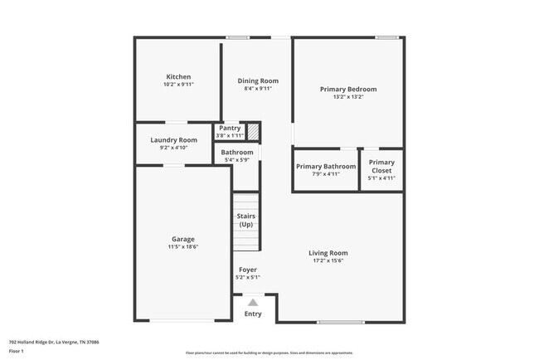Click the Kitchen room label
178,77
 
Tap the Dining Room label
258,80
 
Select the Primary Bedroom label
348,89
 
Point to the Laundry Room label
173,140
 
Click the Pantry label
230,128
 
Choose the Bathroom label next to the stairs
237,153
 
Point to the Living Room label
328,253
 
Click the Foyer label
247,270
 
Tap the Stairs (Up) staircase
246,221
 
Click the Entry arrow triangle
252,303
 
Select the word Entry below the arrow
252,314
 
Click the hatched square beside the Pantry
254,132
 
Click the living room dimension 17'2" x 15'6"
328,260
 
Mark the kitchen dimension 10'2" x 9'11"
178,85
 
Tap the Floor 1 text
17,351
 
